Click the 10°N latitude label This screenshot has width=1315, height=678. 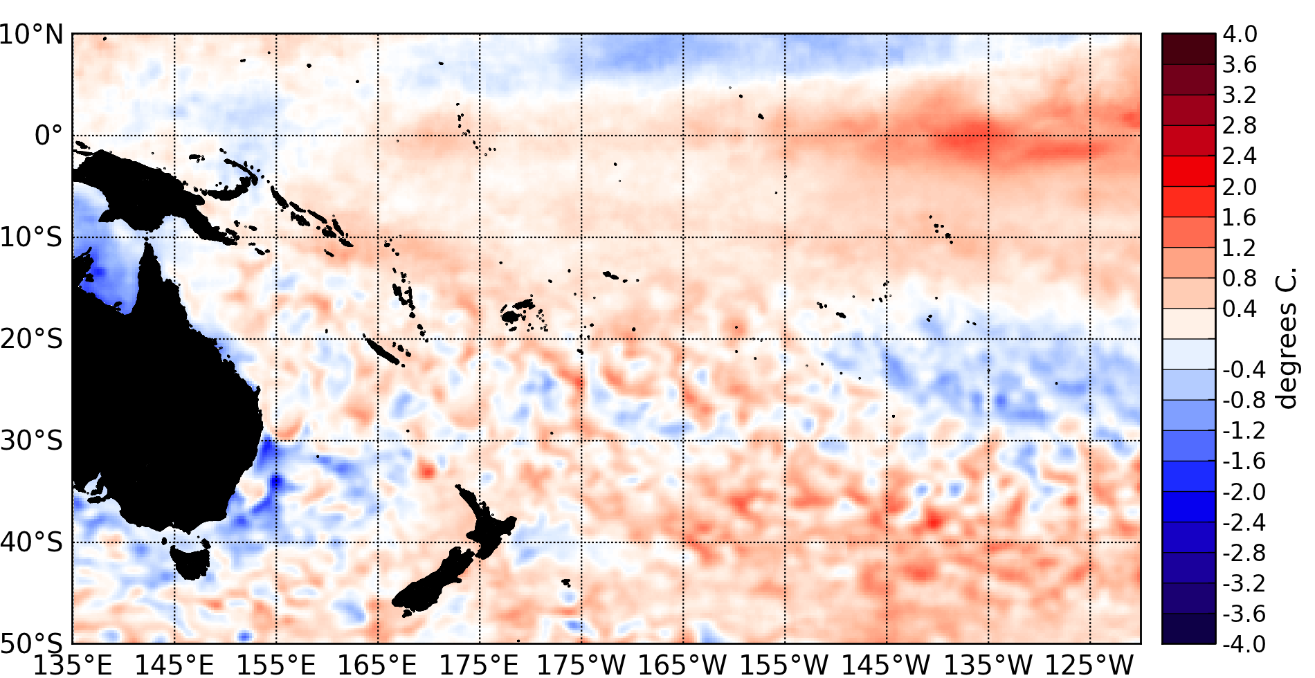[x=32, y=35]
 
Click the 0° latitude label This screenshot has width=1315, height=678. [x=48, y=136]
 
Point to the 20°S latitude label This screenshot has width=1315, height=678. [x=32, y=339]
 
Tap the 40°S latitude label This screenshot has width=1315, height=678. [x=32, y=542]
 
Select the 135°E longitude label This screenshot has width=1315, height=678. [x=72, y=665]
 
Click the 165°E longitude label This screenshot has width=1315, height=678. [x=377, y=665]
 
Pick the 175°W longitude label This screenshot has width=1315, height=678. [x=581, y=665]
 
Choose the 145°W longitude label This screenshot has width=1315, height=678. [x=887, y=665]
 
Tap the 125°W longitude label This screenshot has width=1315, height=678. [x=1089, y=665]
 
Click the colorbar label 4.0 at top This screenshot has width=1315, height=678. [x=1239, y=35]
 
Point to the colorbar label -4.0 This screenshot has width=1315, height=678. [x=1244, y=644]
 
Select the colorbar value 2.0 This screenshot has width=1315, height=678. [x=1239, y=187]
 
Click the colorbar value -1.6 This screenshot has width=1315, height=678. [x=1244, y=461]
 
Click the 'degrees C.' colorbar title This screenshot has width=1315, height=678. [x=1286, y=339]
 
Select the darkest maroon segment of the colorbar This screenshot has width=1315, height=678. [x=1188, y=48]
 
